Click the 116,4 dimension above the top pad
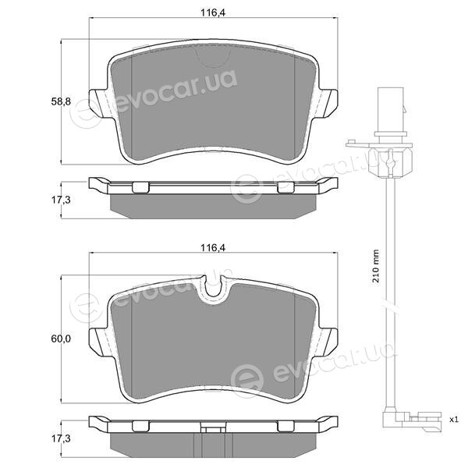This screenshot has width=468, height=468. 212,12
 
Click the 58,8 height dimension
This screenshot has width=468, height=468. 61,101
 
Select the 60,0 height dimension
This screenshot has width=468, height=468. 61,339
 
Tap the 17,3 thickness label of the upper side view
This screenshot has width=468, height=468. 61,200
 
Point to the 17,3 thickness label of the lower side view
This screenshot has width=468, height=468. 61,438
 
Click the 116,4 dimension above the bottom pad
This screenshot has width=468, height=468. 212,248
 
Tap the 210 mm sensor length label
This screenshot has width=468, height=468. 375,266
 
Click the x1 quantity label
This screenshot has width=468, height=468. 454,420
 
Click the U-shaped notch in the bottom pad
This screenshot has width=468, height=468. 213,286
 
